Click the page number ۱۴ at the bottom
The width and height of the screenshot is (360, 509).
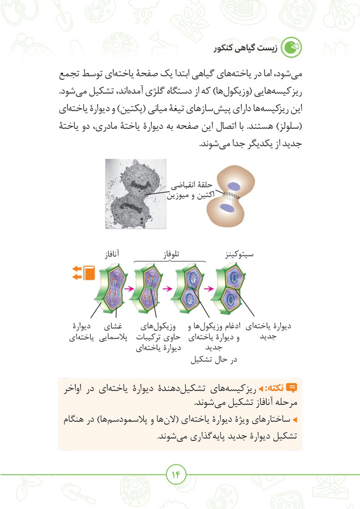tap(176, 474)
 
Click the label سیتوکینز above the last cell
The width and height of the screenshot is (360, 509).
tap(239, 255)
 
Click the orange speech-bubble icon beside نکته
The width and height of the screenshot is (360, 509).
tap(292, 387)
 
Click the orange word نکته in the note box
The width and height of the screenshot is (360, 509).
tap(276, 388)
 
